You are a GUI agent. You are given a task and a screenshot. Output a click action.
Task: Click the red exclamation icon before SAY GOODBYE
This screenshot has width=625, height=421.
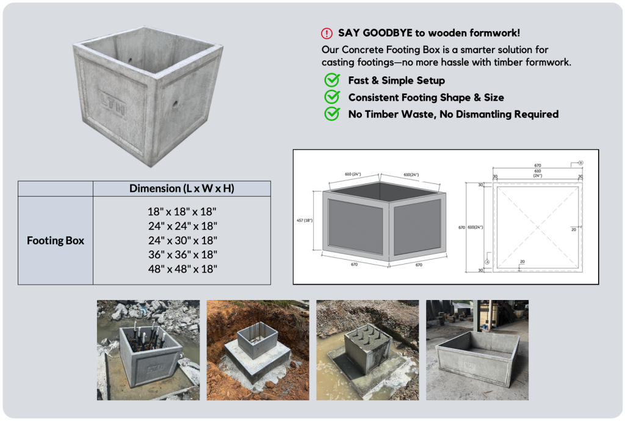(x=327, y=34)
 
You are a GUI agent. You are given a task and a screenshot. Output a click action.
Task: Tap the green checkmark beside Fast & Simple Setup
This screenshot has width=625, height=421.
(x=332, y=80)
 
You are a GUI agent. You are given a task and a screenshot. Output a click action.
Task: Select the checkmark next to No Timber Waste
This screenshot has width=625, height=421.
(x=332, y=114)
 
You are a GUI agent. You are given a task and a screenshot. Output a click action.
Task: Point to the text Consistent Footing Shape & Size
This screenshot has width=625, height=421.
(x=425, y=97)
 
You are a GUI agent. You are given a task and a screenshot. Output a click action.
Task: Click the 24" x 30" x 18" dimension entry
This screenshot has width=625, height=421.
(x=182, y=240)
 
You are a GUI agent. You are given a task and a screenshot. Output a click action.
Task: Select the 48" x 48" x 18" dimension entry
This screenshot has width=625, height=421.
(x=182, y=268)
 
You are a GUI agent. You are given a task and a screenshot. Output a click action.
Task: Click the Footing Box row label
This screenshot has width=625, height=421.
(x=56, y=240)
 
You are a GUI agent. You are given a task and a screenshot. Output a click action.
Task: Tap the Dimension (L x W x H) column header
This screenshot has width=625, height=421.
(x=182, y=188)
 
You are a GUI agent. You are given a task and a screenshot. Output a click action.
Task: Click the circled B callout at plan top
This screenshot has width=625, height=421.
(x=580, y=163)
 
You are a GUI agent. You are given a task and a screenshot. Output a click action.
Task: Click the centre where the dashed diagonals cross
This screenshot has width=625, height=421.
(x=537, y=227)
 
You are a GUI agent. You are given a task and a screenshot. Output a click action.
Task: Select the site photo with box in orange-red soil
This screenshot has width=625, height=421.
(x=258, y=350)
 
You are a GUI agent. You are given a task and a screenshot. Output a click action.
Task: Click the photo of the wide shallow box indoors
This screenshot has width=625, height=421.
(x=477, y=350)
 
